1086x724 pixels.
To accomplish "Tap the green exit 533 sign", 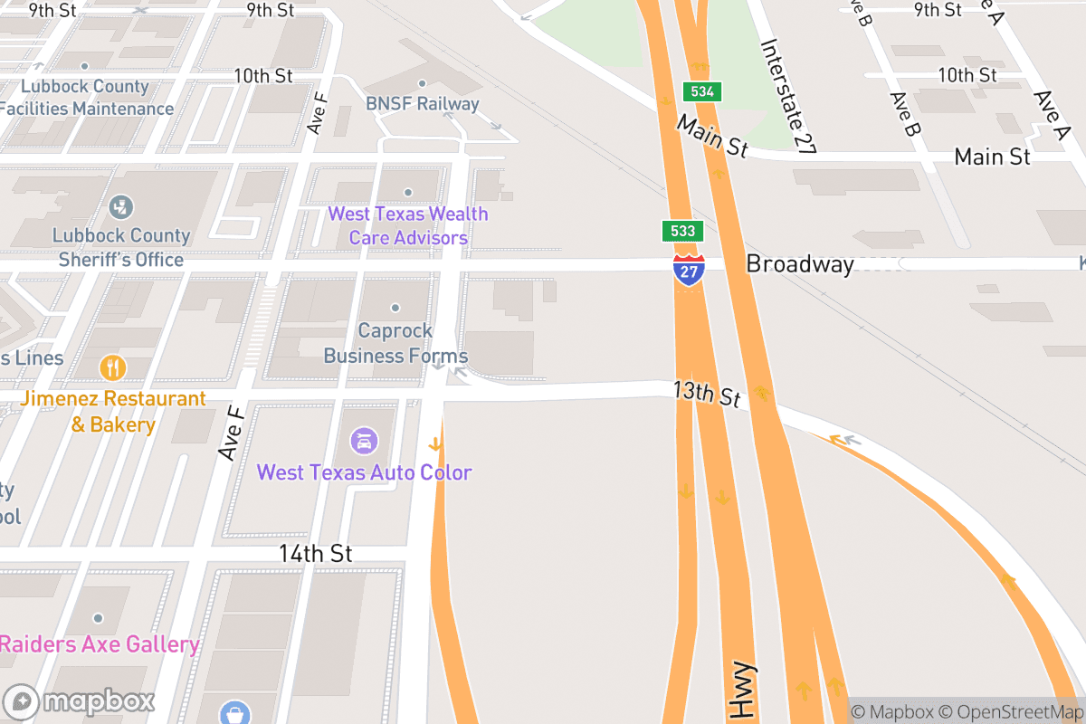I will (682, 231).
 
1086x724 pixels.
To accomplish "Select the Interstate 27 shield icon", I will (689, 271).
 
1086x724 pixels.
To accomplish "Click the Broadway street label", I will (799, 264).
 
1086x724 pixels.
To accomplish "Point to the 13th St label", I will (707, 395).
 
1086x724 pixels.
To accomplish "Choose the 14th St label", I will (315, 553).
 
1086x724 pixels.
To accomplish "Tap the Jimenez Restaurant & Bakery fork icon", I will (113, 367).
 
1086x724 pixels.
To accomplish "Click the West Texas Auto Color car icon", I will (364, 442).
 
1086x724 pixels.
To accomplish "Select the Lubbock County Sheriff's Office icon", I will (120, 207).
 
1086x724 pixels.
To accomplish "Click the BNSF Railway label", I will (422, 104).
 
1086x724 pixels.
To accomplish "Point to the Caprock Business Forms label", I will (395, 343).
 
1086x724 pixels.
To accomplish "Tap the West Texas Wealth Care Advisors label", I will (407, 226).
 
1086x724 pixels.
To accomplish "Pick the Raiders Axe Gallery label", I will (100, 644).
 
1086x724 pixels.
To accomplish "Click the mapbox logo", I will (80, 701).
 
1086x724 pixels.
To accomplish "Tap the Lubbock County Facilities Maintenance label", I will (85, 98).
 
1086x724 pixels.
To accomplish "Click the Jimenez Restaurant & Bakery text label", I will (113, 411).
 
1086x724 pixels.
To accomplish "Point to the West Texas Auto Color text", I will (364, 472).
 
